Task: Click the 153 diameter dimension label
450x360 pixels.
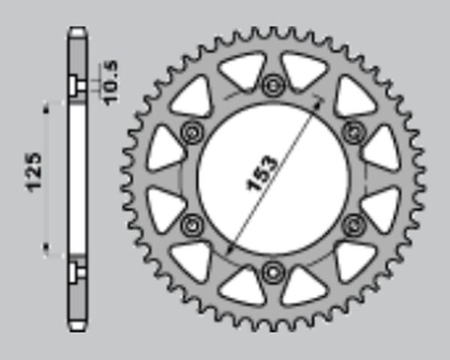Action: [x=262, y=173]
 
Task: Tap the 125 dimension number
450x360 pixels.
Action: [x=34, y=172]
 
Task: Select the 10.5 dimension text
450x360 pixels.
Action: [x=110, y=82]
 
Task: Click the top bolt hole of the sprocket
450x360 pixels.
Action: [x=273, y=85]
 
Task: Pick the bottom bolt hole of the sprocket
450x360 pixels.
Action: [x=273, y=272]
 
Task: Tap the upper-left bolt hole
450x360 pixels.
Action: [x=192, y=133]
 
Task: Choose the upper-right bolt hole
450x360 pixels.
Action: [x=354, y=133]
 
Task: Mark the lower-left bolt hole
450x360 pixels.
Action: [x=192, y=225]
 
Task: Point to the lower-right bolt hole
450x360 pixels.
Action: [x=354, y=225]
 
